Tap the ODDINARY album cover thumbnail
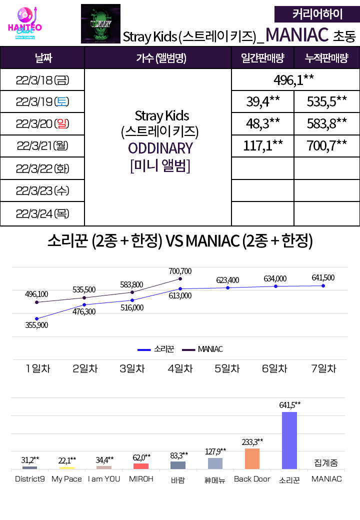pyautogui.click(x=100, y=23)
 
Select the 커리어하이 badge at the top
pyautogui.click(x=317, y=14)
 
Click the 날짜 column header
pyautogui.click(x=42, y=58)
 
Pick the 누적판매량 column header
pyautogui.click(x=326, y=58)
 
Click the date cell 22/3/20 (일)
pyautogui.click(x=42, y=124)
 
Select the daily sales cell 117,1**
pyautogui.click(x=262, y=146)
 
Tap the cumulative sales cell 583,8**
pyautogui.click(x=326, y=124)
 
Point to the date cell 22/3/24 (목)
pyautogui.click(x=42, y=213)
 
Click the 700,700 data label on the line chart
pyautogui.click(x=180, y=271)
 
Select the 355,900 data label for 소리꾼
pyautogui.click(x=36, y=325)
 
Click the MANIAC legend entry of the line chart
pyautogui.click(x=202, y=349)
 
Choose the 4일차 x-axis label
pyautogui.click(x=180, y=369)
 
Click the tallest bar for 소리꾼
pyautogui.click(x=289, y=440)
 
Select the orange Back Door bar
pyautogui.click(x=252, y=458)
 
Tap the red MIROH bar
pyautogui.click(x=141, y=466)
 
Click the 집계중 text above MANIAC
pyautogui.click(x=326, y=463)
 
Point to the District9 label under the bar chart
pyautogui.click(x=30, y=479)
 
